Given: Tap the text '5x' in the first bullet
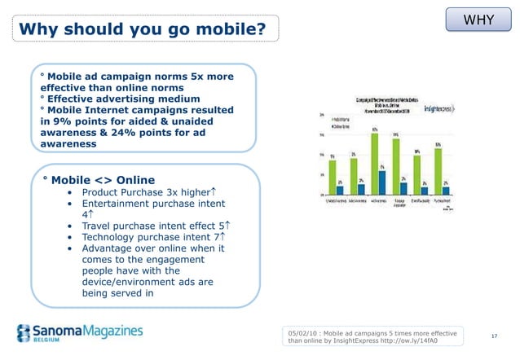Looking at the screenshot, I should [x=187, y=77].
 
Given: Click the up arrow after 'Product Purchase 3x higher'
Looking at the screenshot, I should [x=212, y=191].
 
